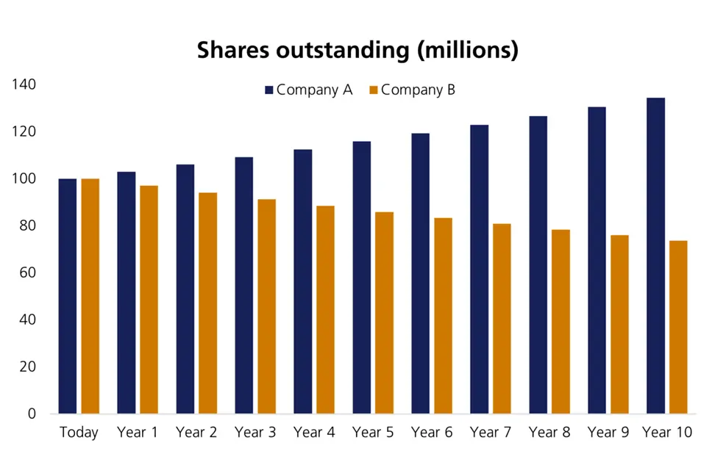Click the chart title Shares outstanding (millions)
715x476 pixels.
pyautogui.click(x=357, y=50)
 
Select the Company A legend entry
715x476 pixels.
pyautogui.click(x=309, y=90)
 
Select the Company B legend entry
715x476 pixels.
pyautogui.click(x=411, y=90)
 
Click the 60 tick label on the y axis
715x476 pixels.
pyautogui.click(x=27, y=273)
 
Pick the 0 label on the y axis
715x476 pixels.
pyautogui.click(x=32, y=414)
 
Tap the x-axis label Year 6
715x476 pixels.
pyautogui.click(x=432, y=433)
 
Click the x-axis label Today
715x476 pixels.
pyautogui.click(x=79, y=433)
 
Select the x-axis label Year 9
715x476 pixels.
pyautogui.click(x=608, y=433)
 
